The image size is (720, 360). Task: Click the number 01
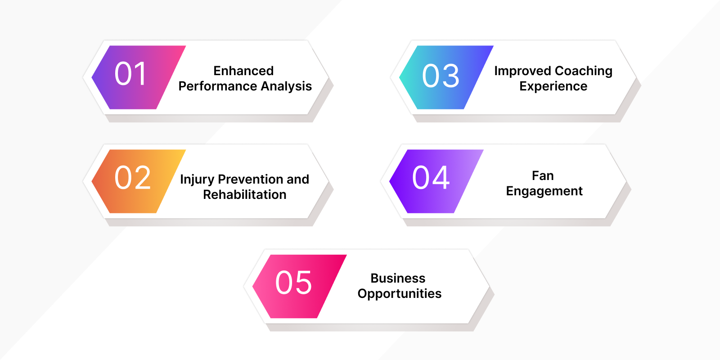[130, 74]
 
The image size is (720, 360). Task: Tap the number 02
[132, 178]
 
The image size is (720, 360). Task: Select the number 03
[441, 76]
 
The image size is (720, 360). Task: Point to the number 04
[431, 178]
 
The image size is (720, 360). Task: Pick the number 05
[293, 283]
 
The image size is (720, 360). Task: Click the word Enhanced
[243, 71]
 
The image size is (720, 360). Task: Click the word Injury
[197, 180]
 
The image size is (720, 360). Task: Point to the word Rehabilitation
[245, 195]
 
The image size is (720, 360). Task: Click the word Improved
[522, 71]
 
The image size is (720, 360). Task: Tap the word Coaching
[584, 71]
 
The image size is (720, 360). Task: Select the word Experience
[553, 86]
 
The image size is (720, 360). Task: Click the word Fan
[543, 176]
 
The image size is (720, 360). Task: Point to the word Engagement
[544, 191]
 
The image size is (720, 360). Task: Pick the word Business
[398, 279]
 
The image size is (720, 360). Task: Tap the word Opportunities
[400, 294]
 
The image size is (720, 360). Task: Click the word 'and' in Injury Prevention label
[298, 180]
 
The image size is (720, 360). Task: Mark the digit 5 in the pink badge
[302, 283]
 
